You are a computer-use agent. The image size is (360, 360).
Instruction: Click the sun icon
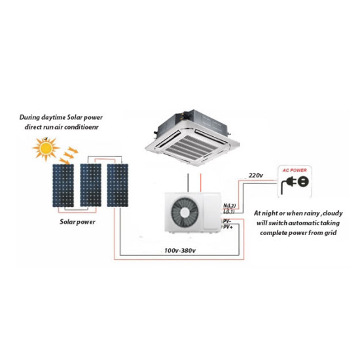click(x=46, y=149)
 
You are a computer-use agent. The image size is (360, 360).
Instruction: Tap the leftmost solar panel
click(x=63, y=185)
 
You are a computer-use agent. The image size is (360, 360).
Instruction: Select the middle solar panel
click(x=90, y=185)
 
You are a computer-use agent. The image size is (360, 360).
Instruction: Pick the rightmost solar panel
click(x=118, y=185)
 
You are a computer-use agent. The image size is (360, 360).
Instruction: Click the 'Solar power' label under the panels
click(x=77, y=222)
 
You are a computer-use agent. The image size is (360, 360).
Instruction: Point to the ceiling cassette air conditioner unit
click(x=192, y=137)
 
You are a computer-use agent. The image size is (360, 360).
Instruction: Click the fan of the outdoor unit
click(x=185, y=213)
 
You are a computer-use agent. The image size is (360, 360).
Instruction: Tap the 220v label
click(x=255, y=175)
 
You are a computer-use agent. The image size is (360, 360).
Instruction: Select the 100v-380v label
click(x=180, y=251)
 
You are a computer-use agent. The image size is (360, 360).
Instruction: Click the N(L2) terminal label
click(x=229, y=206)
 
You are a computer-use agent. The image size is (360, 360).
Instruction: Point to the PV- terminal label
click(x=227, y=221)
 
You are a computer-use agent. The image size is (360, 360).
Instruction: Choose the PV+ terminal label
click(x=228, y=227)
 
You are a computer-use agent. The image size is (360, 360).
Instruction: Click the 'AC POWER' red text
click(x=295, y=170)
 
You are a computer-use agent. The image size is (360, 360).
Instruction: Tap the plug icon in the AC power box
click(x=295, y=183)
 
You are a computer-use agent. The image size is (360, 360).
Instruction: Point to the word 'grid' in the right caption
click(x=330, y=233)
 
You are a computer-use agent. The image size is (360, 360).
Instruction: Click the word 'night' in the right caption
click(x=269, y=213)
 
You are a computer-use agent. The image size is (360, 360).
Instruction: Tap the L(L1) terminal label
click(x=229, y=211)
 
